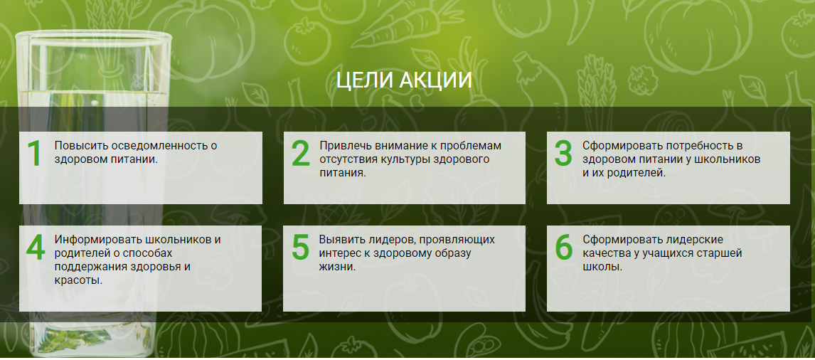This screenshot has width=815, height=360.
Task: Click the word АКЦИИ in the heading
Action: click(436, 80)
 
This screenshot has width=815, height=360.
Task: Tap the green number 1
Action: click(34, 153)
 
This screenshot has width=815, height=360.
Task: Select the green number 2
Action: click(300, 153)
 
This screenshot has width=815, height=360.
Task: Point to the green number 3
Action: click(563, 153)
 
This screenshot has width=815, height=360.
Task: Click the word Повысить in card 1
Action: click(77, 146)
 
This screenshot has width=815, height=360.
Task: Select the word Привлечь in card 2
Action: click(343, 146)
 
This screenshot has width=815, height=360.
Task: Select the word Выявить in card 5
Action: click(341, 240)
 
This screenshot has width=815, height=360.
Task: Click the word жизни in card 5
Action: click(337, 268)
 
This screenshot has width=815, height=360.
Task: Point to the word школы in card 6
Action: click(602, 268)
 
